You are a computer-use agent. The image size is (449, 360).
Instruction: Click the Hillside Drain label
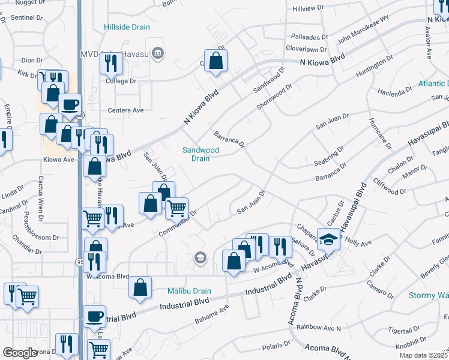click(127, 28)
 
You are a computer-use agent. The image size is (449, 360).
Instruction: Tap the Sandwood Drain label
click(200, 154)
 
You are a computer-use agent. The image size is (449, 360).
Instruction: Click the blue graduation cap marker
click(328, 240)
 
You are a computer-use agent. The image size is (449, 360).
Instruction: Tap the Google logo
click(19, 353)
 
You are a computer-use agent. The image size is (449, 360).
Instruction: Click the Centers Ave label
click(125, 110)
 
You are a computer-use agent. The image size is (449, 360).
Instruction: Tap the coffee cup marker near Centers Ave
click(70, 104)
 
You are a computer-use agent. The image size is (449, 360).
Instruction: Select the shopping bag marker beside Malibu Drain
click(140, 287)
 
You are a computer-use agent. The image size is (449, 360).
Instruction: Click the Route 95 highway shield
click(80, 262)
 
